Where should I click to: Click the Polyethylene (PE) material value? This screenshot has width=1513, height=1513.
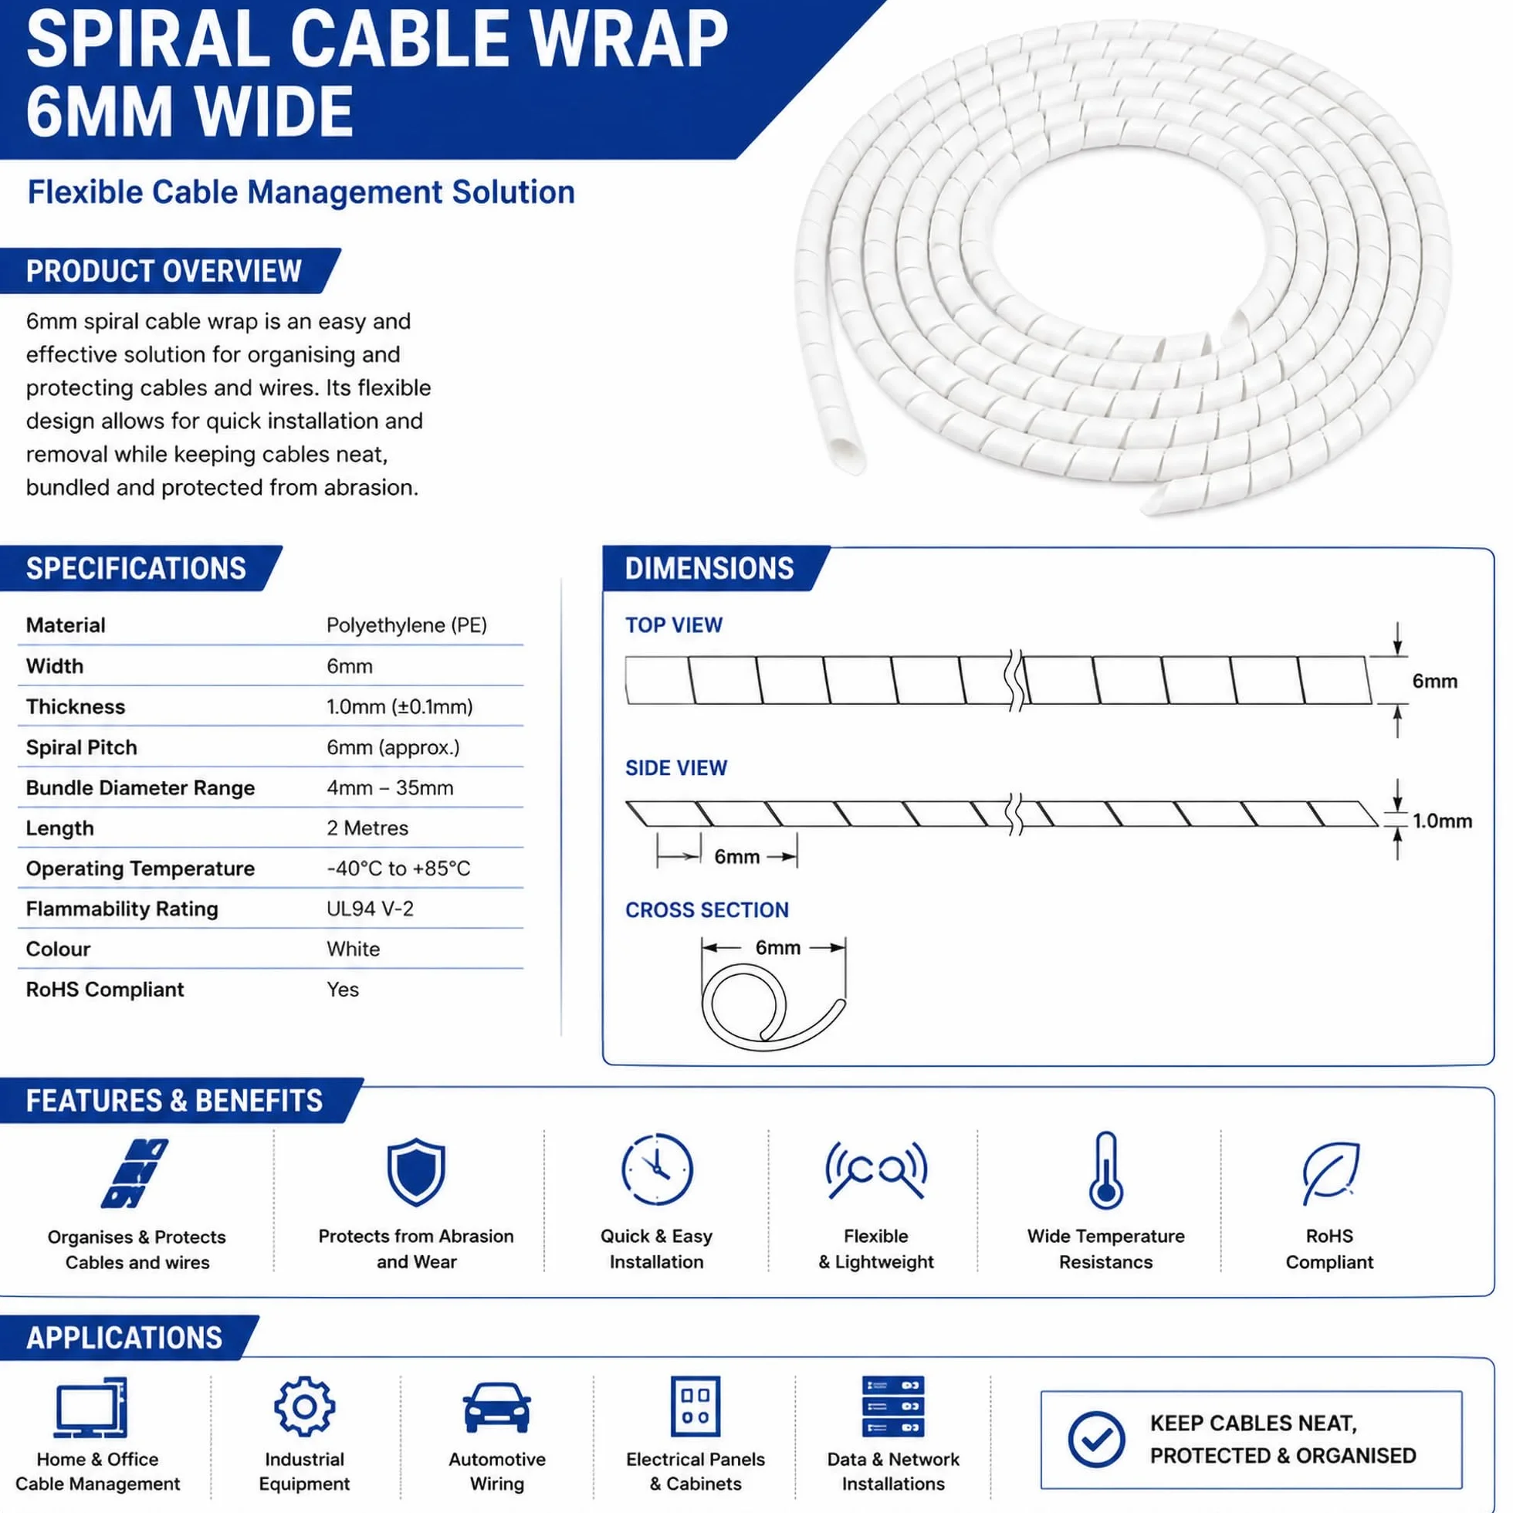click(407, 625)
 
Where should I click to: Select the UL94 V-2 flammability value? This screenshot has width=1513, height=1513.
click(370, 909)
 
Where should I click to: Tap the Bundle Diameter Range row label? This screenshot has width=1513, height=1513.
click(140, 788)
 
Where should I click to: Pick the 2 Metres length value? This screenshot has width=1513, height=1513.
click(367, 828)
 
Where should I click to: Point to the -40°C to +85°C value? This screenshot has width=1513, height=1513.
click(398, 868)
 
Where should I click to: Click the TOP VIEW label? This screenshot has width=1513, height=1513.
click(673, 625)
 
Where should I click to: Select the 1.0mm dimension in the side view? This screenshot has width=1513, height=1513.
click(1442, 821)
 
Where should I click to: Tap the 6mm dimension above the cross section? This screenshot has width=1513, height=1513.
click(777, 948)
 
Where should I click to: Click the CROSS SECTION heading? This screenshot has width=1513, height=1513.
click(706, 910)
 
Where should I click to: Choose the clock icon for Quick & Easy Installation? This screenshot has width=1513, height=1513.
click(656, 1169)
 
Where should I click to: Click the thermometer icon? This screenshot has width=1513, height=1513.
click(1105, 1171)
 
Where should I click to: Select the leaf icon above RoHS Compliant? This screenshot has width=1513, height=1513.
click(1330, 1173)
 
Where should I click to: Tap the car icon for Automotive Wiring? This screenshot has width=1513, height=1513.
click(496, 1407)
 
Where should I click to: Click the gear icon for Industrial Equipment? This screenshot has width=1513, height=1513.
click(304, 1407)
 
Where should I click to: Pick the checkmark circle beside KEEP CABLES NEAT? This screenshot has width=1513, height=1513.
click(1096, 1440)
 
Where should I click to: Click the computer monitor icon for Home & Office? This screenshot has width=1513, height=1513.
click(91, 1408)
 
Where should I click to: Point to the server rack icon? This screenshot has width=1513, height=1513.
click(893, 1406)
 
